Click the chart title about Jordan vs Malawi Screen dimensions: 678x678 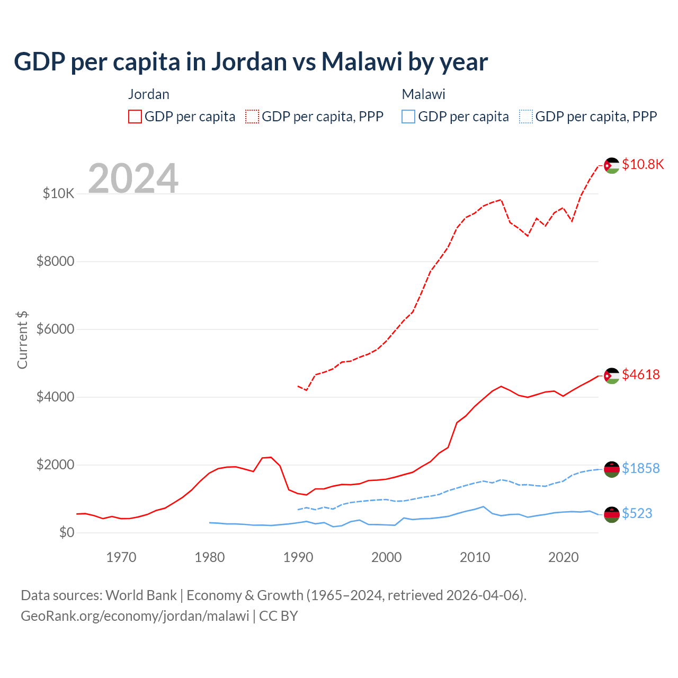(251, 62)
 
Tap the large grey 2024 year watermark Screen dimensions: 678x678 (133, 179)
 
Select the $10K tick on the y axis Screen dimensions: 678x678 (58, 193)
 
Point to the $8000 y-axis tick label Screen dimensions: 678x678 (55, 261)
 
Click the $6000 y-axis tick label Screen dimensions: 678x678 (55, 329)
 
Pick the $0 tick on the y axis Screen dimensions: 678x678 (66, 532)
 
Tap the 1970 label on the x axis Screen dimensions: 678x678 (121, 557)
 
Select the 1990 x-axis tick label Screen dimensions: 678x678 (298, 557)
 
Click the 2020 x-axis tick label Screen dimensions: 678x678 (563, 557)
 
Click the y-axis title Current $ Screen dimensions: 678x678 (22, 340)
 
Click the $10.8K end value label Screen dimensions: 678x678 (643, 164)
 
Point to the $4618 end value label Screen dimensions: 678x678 (641, 374)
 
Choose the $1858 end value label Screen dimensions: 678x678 (641, 468)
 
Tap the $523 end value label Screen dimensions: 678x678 (637, 513)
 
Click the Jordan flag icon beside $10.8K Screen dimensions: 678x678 (612, 166)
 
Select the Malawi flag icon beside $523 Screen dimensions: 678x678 (612, 514)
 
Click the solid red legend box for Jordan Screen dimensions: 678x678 (135, 117)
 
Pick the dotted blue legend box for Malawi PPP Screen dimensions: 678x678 (526, 117)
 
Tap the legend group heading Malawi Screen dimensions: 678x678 (423, 94)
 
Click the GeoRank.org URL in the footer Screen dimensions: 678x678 (135, 616)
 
